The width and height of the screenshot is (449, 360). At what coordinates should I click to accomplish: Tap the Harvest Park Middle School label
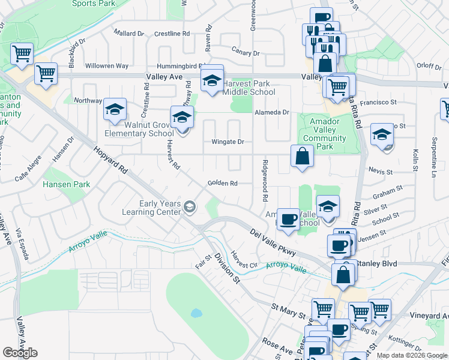point(249,88)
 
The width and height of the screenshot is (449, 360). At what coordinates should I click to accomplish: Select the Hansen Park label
point(66,184)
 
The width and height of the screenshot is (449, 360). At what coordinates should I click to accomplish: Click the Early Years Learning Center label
point(160,208)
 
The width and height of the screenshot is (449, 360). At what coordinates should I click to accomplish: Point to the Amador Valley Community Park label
point(325,134)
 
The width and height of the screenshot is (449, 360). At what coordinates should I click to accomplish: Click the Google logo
point(20,353)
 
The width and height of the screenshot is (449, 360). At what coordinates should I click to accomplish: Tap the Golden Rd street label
point(223,183)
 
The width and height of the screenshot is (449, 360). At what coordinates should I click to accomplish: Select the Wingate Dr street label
point(228,142)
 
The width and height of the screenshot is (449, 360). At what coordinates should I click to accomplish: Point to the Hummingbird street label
point(181,65)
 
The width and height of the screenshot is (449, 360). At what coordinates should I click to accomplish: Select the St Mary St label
point(289,311)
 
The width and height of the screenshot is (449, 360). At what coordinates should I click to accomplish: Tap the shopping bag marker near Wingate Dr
point(302,157)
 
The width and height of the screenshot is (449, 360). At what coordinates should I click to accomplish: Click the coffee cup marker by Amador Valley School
point(288,219)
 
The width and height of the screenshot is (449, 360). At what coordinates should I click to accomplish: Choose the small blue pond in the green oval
point(196,313)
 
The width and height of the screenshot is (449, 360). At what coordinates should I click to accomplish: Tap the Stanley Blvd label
point(373,263)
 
